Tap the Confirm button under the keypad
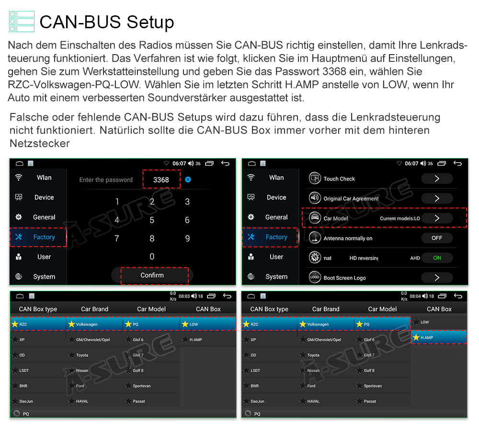coord(152,275)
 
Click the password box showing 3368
coord(161,180)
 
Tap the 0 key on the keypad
coord(152,257)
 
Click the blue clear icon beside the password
coord(188,180)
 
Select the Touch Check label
coord(339,179)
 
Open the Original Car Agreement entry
coord(351,199)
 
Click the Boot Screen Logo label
coord(344,278)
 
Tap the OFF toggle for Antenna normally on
coord(437,238)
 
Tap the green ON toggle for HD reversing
coord(437,258)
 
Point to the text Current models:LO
coord(400,218)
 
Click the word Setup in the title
coord(150,23)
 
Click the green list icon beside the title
coord(22,22)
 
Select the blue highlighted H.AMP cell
coord(439,338)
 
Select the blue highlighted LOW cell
coord(208,324)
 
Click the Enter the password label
coord(106,180)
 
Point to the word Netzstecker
coord(40,144)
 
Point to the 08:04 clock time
coord(415,296)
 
